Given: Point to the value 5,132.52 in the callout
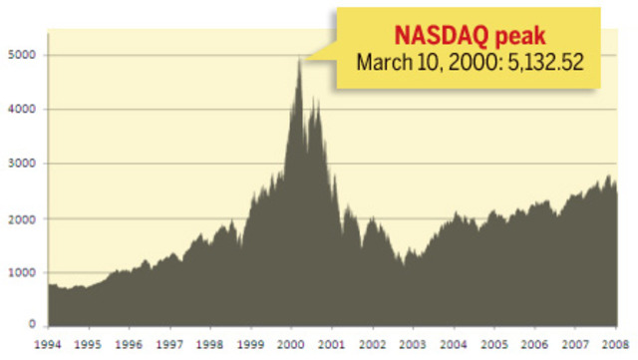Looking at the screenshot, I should coord(543,63).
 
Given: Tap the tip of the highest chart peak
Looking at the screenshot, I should coord(298,60).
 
